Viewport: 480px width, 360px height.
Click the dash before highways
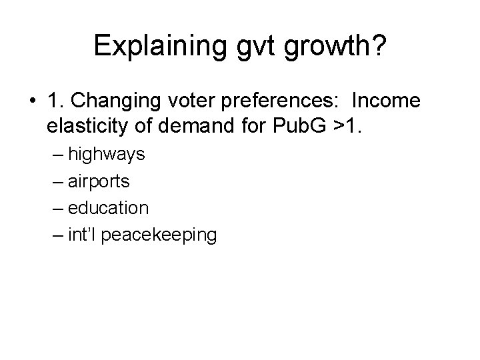pos(57,155)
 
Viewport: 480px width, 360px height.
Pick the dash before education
pos(57,208)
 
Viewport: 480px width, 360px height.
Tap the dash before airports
pos(57,182)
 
